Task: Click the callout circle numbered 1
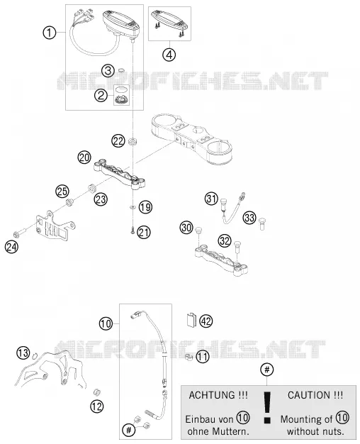pos(49,33)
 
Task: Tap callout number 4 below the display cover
pos(169,55)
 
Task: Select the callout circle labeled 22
pos(118,140)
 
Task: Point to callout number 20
pos(84,157)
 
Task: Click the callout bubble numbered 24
pos(11,247)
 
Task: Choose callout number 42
pos(206,321)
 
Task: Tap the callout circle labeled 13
pos(23,353)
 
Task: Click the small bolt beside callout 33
pos(262,224)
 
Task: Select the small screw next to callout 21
pos(133,231)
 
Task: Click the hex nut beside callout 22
pos(133,141)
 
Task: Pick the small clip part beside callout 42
pos(191,320)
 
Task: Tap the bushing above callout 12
pos(97,392)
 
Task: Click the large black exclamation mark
pos(267,407)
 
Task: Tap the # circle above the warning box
pos(267,370)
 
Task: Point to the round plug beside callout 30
pos(199,230)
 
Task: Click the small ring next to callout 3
pos(121,70)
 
